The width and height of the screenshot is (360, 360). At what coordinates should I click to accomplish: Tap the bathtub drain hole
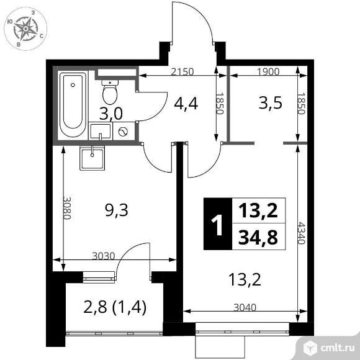point(73,85)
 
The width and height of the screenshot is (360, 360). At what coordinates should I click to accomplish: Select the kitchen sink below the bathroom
point(92,158)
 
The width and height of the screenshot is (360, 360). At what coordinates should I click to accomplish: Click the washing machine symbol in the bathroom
point(124,132)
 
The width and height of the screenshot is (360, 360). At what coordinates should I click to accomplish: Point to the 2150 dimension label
point(182,72)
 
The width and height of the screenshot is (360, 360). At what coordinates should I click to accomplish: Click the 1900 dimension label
point(268,72)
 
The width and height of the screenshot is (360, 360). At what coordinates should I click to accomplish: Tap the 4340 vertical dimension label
point(301,233)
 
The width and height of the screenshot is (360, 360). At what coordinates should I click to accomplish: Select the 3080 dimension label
point(66,208)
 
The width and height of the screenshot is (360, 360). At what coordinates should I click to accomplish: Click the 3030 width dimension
point(103,256)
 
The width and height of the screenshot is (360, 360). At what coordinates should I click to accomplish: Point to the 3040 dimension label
point(245,307)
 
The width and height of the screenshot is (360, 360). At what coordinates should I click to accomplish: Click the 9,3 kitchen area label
point(117,210)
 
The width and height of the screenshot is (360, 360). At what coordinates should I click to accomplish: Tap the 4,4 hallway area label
point(186,104)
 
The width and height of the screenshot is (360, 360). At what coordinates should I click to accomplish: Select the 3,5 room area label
point(270,103)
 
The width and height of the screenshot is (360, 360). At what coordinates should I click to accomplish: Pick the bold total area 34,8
point(258,237)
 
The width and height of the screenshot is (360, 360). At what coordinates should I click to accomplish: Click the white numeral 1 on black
point(217,225)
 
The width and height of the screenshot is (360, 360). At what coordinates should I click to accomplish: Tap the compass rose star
point(25,29)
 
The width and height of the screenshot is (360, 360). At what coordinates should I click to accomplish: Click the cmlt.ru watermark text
point(338,348)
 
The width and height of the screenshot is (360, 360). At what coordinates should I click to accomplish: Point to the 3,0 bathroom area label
point(111,114)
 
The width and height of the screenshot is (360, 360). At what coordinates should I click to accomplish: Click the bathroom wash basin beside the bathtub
point(101,131)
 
